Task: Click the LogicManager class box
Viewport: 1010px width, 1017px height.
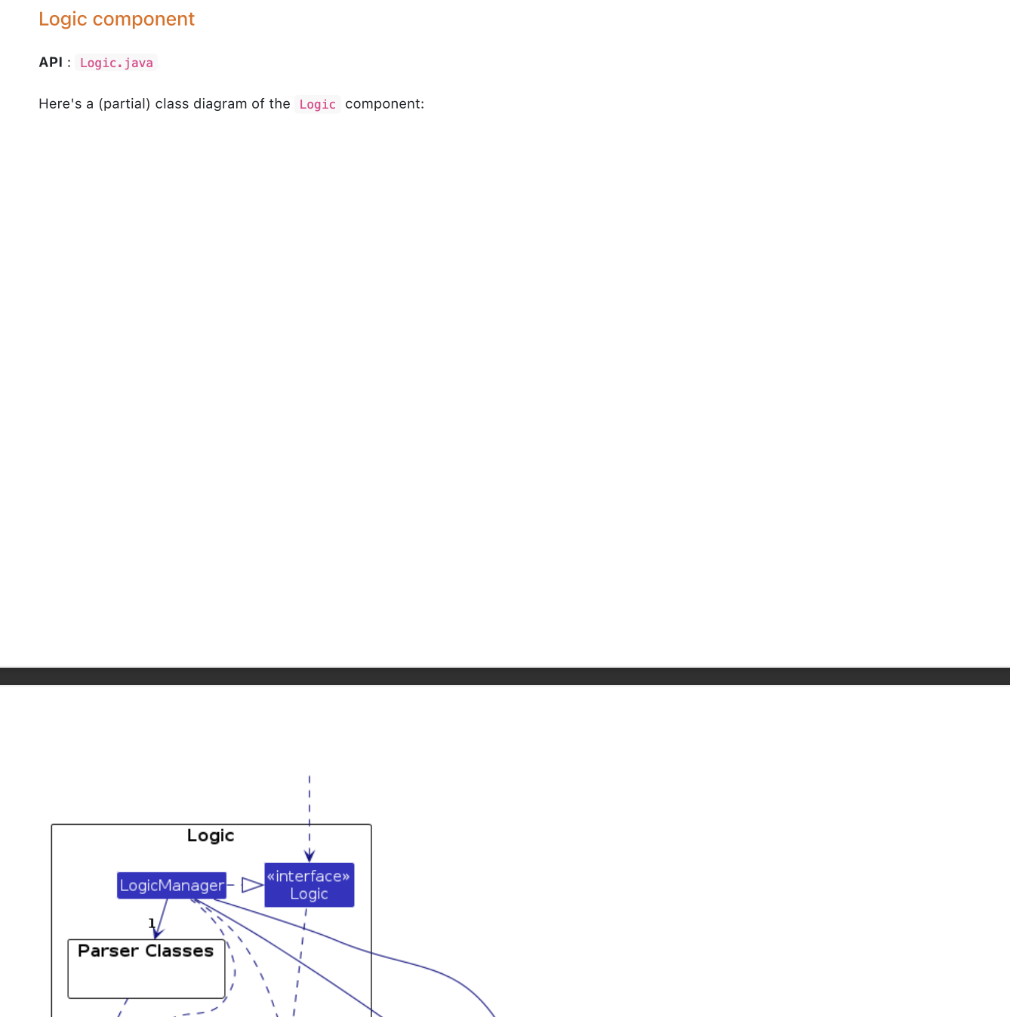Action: (171, 885)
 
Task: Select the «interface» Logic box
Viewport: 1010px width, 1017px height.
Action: (309, 885)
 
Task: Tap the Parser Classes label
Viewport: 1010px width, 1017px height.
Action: (146, 951)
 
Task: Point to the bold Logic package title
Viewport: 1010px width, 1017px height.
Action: (211, 835)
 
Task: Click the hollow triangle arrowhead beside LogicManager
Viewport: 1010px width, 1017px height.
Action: (252, 885)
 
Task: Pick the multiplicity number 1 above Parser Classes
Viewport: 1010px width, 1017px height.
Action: (152, 923)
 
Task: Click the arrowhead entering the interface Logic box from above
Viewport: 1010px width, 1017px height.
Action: (309, 856)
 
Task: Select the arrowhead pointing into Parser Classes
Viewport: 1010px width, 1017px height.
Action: (157, 933)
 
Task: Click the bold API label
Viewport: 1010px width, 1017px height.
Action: (51, 63)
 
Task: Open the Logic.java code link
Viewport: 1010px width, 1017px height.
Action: (116, 63)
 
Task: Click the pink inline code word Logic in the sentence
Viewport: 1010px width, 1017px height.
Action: (317, 104)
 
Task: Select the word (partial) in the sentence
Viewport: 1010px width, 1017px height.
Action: (125, 104)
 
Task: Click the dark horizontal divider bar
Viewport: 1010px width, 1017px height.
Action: (505, 676)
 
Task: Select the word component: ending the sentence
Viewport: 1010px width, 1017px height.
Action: (384, 104)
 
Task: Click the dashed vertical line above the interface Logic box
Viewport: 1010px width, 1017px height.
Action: (309, 807)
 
